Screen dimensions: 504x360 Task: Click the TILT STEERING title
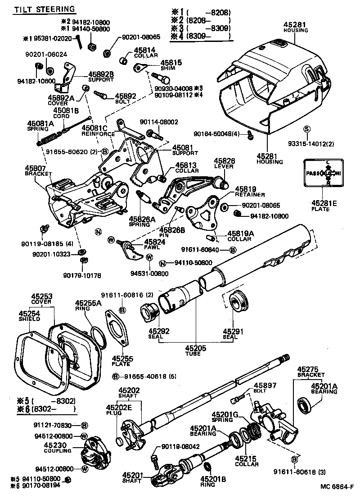click(44, 9)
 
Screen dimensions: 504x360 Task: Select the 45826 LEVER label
click(224, 164)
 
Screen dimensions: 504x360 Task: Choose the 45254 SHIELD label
click(29, 316)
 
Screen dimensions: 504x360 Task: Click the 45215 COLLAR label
click(247, 461)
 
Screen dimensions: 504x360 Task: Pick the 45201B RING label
click(211, 481)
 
